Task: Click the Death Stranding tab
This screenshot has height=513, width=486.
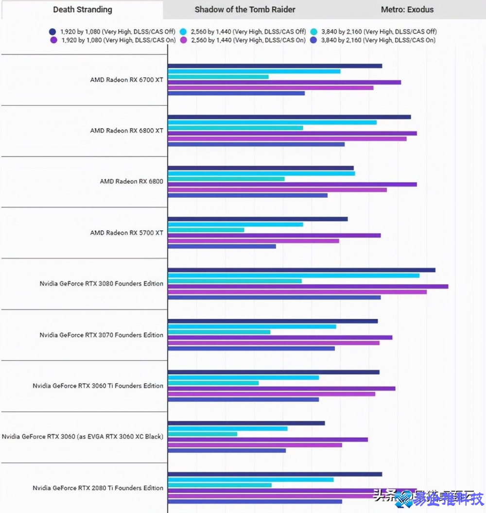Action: click(x=82, y=10)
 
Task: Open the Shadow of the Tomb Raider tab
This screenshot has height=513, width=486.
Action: click(x=245, y=10)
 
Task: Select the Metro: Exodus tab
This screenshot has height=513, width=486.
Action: click(x=407, y=10)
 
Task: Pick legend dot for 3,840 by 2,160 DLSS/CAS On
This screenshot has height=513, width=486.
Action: click(x=314, y=40)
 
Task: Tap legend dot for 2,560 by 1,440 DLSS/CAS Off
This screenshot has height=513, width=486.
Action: click(x=183, y=32)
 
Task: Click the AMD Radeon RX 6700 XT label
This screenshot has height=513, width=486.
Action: click(x=126, y=80)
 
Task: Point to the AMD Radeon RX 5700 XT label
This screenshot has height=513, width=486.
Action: click(x=126, y=233)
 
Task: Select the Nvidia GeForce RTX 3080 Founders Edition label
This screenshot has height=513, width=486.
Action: click(x=102, y=284)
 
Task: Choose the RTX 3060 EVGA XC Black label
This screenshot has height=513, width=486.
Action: click(x=83, y=437)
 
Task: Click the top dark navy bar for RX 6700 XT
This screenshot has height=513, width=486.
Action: click(x=275, y=66)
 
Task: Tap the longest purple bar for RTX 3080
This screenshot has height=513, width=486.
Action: click(x=308, y=287)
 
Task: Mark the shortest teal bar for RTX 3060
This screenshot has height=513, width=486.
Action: click(x=203, y=434)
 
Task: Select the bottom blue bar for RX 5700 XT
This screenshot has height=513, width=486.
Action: click(x=222, y=246)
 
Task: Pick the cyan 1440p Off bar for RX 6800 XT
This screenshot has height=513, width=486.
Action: click(x=272, y=122)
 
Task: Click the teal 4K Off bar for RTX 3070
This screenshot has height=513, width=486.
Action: click(x=219, y=332)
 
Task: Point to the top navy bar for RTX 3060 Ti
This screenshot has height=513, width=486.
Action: click(x=274, y=372)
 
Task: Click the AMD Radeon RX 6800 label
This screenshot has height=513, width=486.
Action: click(x=131, y=182)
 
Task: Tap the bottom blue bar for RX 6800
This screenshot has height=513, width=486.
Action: click(x=247, y=195)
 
